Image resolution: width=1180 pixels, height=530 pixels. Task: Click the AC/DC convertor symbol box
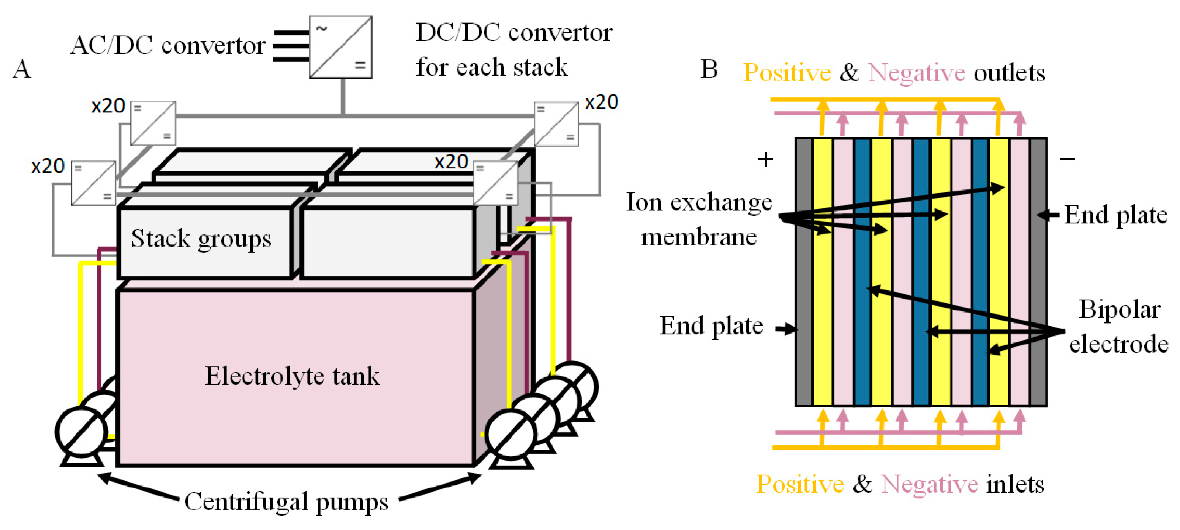point(341,47)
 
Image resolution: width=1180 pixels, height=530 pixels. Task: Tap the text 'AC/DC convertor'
point(168,45)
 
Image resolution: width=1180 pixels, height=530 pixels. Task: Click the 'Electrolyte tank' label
point(292,376)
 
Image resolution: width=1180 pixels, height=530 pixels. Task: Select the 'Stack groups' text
point(201,239)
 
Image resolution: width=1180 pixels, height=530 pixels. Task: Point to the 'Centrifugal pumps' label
point(286,502)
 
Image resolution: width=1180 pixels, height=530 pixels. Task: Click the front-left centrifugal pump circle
point(82,432)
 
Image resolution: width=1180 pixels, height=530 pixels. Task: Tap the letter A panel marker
point(22,70)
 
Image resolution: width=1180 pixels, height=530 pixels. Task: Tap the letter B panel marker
point(709,70)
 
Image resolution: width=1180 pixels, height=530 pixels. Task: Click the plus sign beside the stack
point(765,160)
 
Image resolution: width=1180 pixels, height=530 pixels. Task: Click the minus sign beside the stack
point(1067,159)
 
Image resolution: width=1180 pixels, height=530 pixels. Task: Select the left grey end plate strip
point(804,272)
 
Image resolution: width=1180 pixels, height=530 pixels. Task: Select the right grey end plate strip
point(1038,272)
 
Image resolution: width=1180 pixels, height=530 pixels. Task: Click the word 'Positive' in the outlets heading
point(786,73)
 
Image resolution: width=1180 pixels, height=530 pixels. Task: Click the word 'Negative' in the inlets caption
point(930,484)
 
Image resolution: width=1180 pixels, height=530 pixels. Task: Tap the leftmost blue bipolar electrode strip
point(862,272)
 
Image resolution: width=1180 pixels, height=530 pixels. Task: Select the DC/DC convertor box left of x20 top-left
point(153,123)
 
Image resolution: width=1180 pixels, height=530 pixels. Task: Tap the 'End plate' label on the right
point(1115,215)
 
